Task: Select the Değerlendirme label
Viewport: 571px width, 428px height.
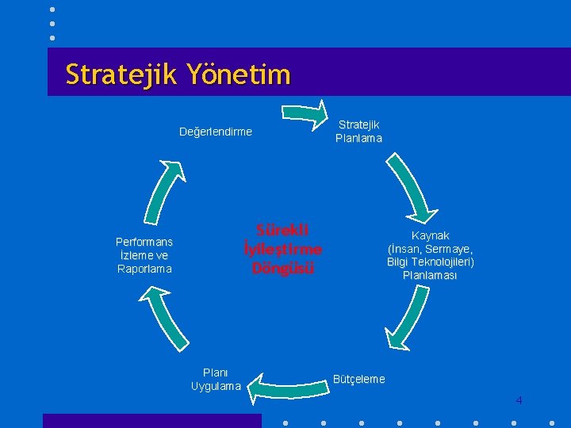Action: point(216,132)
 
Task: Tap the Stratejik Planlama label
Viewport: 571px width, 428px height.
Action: point(358,131)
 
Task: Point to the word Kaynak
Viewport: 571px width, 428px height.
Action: point(431,235)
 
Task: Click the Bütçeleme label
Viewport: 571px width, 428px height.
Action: point(359,379)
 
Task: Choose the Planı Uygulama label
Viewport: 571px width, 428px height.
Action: point(216,379)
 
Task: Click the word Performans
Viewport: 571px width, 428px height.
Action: point(144,242)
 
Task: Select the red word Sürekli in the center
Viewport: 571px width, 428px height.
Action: point(282,230)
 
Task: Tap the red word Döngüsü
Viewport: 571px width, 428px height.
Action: point(283,268)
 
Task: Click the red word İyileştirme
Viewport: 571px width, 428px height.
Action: point(283,249)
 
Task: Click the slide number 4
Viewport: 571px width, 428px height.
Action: point(519,400)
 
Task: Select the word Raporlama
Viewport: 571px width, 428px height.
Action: point(144,269)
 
